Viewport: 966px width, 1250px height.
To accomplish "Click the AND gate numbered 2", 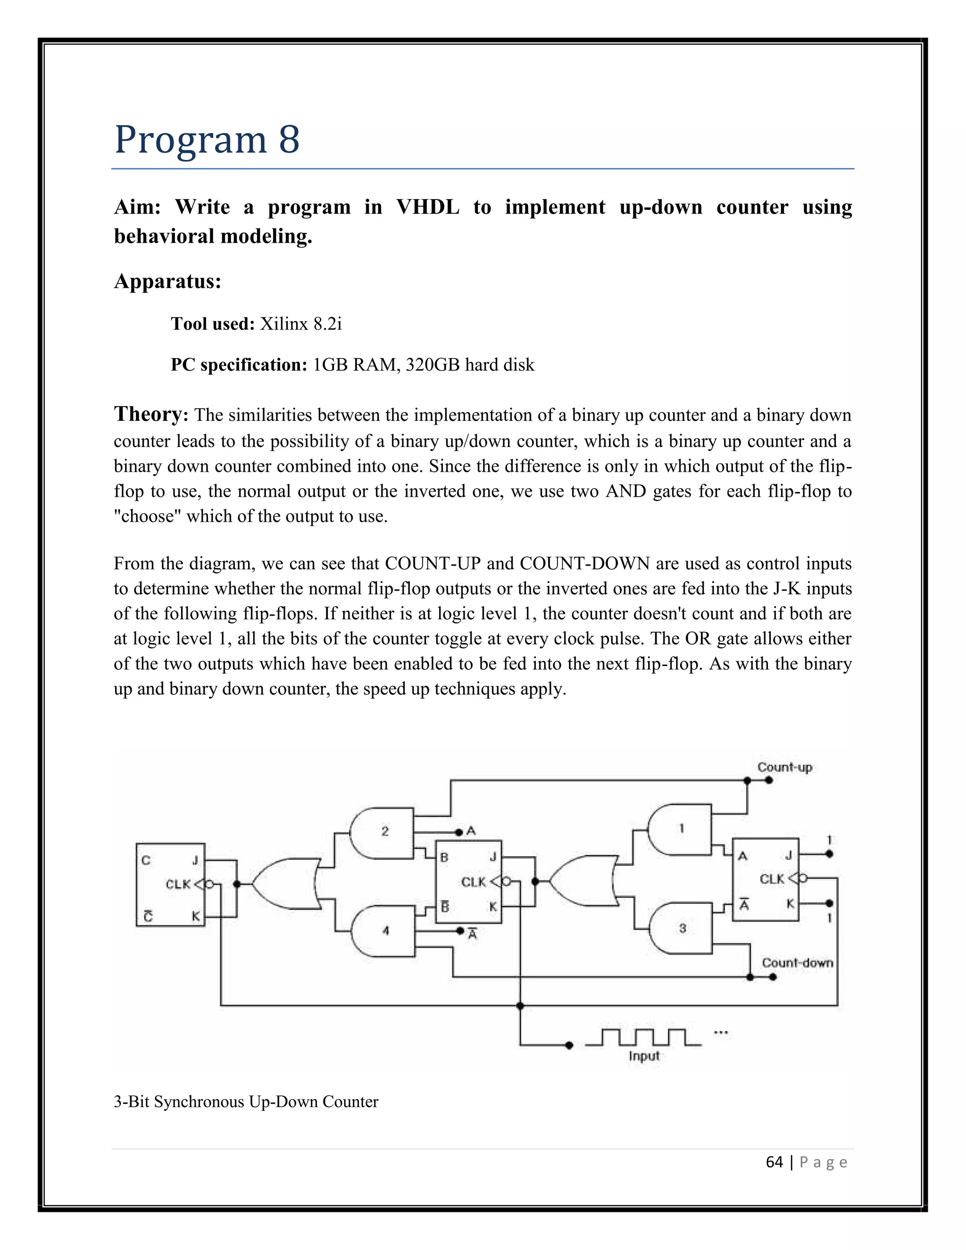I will pyautogui.click(x=382, y=833).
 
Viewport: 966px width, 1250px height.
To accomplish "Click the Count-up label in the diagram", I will pyautogui.click(x=784, y=767).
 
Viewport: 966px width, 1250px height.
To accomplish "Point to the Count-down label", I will pyautogui.click(x=797, y=963).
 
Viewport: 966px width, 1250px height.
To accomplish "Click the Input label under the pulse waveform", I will pyautogui.click(x=644, y=1056).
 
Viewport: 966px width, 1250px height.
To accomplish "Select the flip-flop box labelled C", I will pyautogui.click(x=170, y=884).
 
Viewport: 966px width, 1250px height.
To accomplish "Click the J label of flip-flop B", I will pyautogui.click(x=493, y=857).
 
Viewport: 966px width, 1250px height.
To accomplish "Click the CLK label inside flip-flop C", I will pyautogui.click(x=178, y=884).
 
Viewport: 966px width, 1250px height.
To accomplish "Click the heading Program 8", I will pyautogui.click(x=207, y=139).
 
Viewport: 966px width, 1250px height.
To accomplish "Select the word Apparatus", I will pyautogui.click(x=167, y=281).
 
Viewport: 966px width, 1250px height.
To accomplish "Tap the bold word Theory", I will pyautogui.click(x=150, y=414).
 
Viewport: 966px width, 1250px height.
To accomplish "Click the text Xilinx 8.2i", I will pyautogui.click(x=301, y=325).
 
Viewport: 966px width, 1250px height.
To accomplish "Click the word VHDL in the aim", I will pyautogui.click(x=427, y=207).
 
